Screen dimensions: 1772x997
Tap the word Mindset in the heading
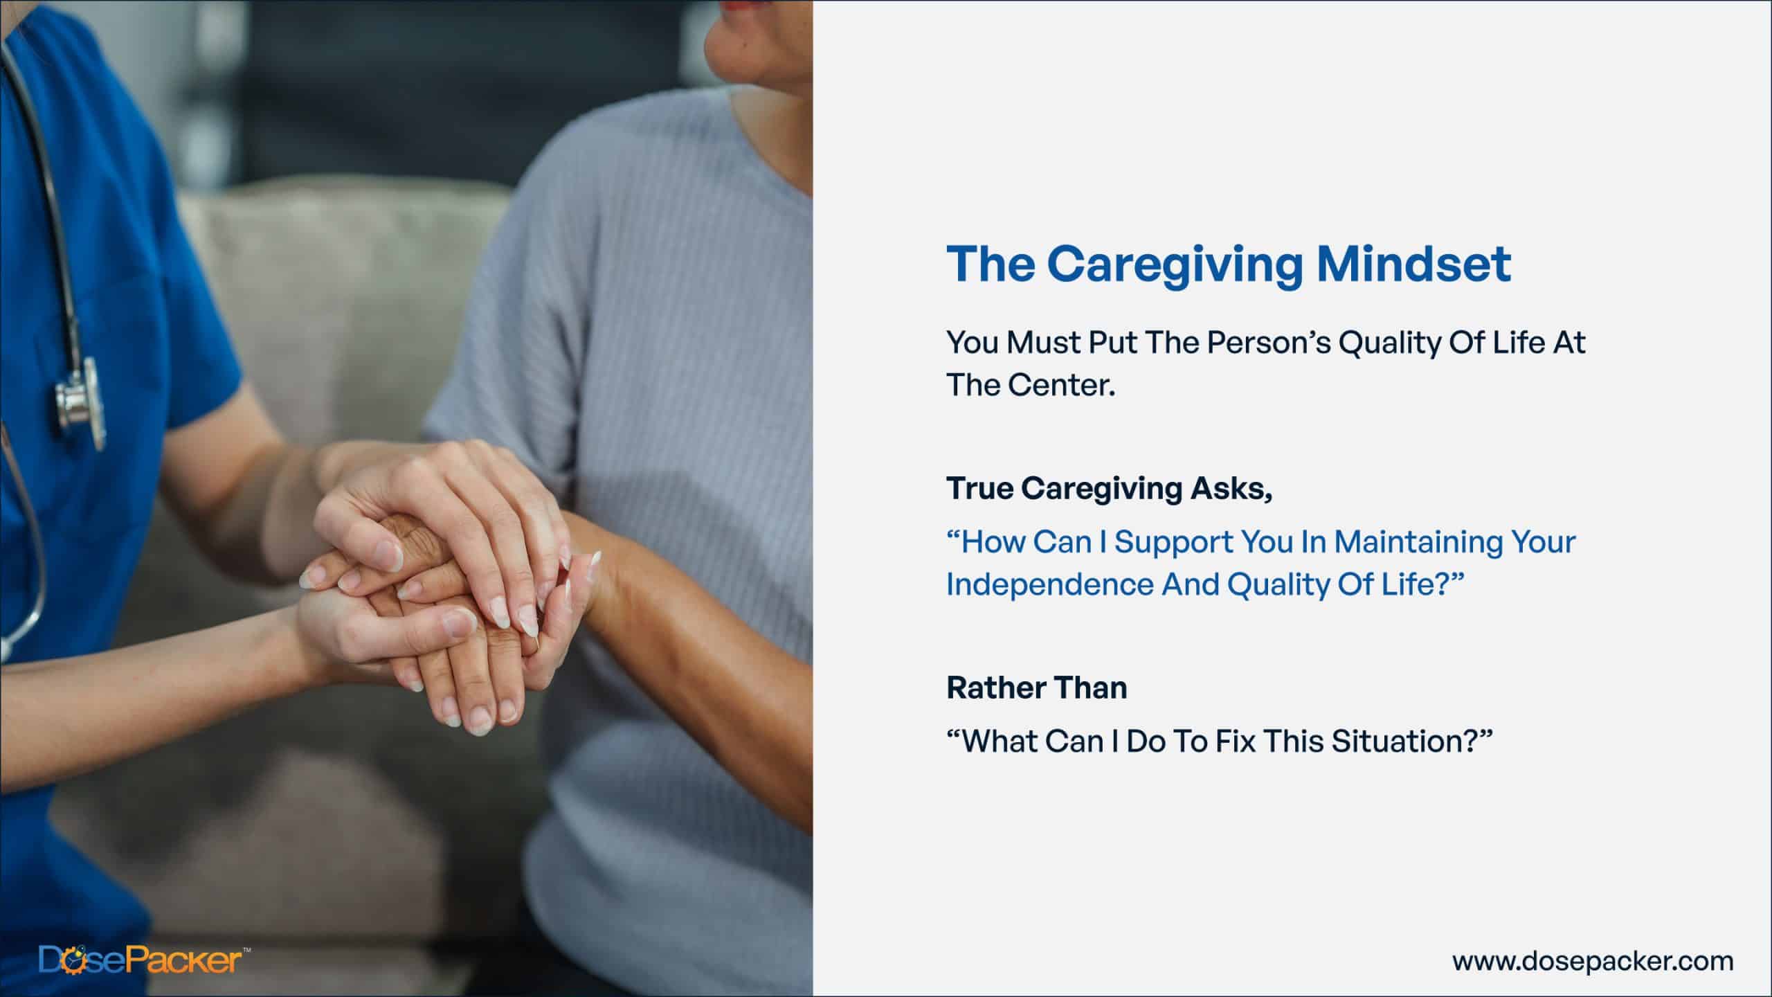tap(1414, 264)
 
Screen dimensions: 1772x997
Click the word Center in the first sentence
tap(1062, 386)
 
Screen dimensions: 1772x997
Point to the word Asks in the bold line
tap(1231, 489)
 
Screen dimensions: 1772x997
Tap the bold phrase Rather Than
tap(1037, 688)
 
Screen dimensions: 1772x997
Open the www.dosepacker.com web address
tap(1593, 961)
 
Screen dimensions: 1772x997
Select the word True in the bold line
tap(979, 489)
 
